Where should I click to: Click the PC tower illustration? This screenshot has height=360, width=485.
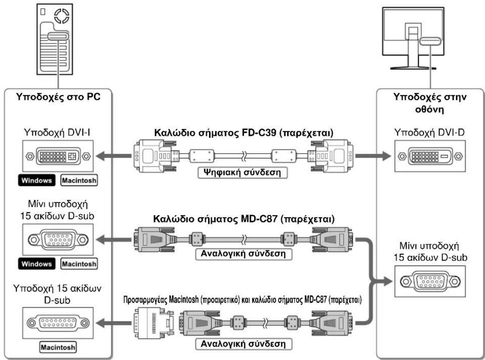55,39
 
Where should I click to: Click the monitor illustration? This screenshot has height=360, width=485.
413,38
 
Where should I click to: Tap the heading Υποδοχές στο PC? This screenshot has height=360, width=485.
58,97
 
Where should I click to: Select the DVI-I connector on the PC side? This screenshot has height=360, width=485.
58,156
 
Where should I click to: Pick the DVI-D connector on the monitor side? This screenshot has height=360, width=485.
430,156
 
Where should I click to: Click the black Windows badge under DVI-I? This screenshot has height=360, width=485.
37,180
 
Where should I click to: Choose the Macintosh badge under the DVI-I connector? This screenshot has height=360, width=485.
79,180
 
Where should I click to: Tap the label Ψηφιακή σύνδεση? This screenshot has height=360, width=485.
242,172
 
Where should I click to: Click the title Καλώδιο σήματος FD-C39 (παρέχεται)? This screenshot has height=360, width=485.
244,133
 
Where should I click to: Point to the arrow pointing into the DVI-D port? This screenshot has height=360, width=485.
373,156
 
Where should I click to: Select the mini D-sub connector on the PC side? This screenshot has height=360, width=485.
58,239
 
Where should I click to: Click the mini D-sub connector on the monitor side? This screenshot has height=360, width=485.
430,281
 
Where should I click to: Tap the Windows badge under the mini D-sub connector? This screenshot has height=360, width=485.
37,264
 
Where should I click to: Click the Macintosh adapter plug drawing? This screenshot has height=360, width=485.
154,323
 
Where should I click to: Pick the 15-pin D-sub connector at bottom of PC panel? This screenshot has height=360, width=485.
58,323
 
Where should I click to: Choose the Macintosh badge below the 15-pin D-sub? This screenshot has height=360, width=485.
58,347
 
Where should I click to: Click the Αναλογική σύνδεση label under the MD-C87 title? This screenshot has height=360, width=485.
243,254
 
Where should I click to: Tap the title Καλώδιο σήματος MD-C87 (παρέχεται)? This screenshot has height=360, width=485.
244,219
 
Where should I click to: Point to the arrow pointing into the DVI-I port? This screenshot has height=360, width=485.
114,156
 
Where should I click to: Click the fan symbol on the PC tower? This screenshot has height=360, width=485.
62,16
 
